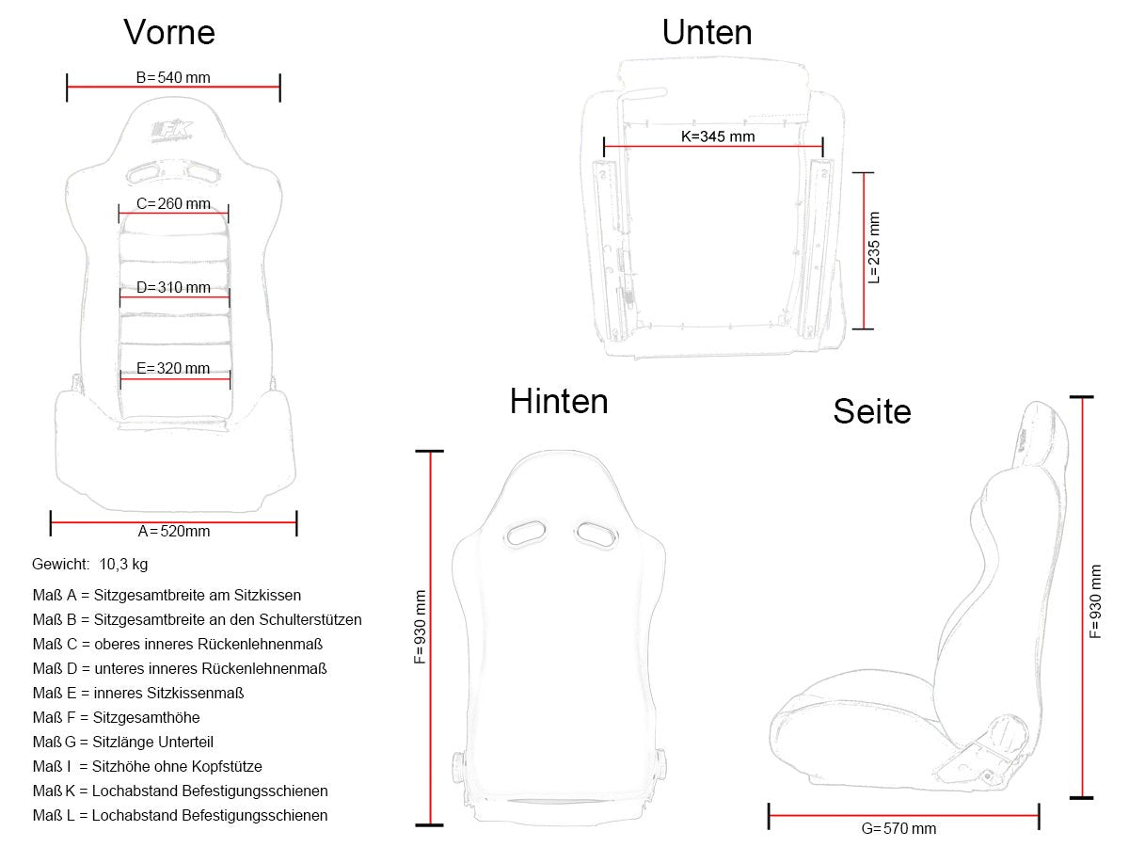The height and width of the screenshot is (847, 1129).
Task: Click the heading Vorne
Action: (169, 32)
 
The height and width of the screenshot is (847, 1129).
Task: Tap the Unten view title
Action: (707, 32)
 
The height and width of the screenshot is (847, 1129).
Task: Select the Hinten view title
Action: (559, 401)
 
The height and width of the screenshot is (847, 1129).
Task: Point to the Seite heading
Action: (872, 411)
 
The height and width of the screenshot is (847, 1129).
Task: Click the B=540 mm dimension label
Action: (173, 78)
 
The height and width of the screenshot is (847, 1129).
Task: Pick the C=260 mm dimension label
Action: (173, 203)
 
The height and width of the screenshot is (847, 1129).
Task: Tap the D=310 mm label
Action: (173, 287)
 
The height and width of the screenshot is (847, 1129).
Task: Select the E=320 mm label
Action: (173, 368)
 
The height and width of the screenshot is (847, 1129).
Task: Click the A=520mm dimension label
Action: (174, 531)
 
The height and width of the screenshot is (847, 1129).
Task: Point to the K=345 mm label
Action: (718, 136)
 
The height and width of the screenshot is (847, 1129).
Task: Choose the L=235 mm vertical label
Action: (874, 248)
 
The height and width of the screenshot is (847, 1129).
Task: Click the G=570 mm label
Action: (898, 828)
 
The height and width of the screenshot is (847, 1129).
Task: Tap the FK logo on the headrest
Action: (172, 131)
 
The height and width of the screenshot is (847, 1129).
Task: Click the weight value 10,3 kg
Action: (123, 564)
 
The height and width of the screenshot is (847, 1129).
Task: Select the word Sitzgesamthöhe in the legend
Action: (146, 717)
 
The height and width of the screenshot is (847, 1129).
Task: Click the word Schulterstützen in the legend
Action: (303, 619)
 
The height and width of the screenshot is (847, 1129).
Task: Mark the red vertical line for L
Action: (864, 250)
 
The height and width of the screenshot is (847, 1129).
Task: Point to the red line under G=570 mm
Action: (904, 815)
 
